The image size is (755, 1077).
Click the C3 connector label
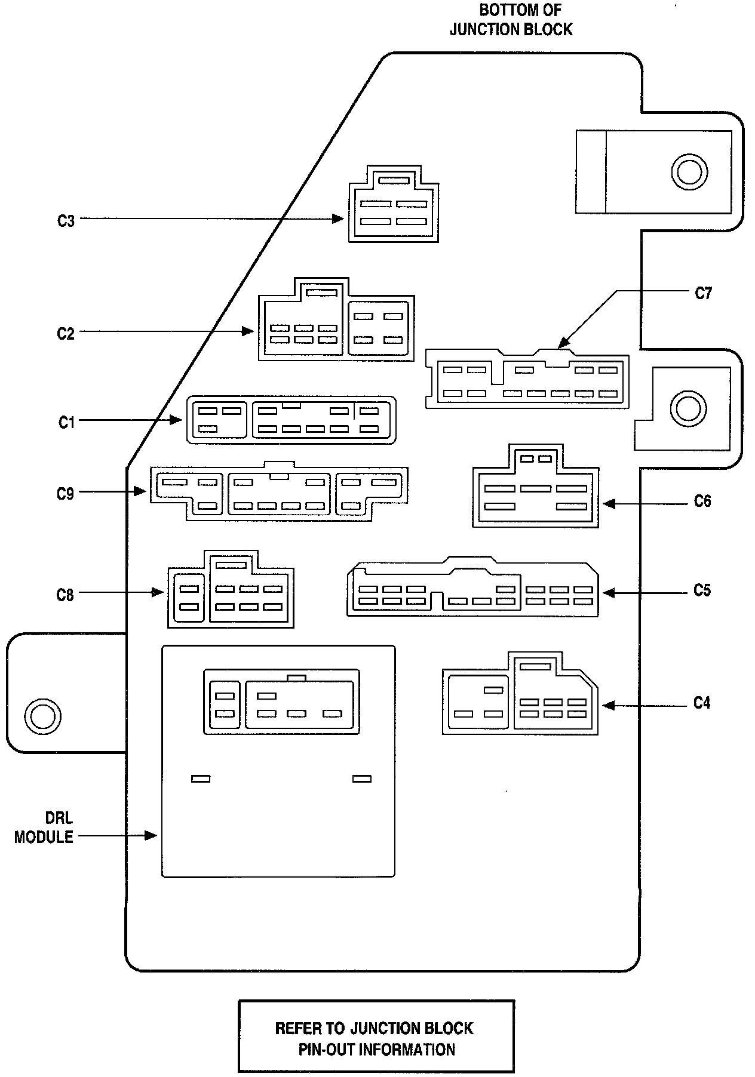pyautogui.click(x=66, y=221)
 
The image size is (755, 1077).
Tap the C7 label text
pyautogui.click(x=704, y=293)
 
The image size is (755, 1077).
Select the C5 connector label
pyautogui.click(x=702, y=590)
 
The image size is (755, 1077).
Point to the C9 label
pyautogui.click(x=65, y=494)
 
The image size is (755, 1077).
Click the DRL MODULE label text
pyautogui.click(x=44, y=827)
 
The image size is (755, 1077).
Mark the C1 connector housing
pyautogui.click(x=291, y=420)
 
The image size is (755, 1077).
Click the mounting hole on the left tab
pyautogui.click(x=43, y=715)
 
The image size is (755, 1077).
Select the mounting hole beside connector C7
pyautogui.click(x=688, y=409)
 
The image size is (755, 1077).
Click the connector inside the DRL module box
pyautogui.click(x=281, y=701)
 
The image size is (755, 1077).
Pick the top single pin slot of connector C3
pyautogui.click(x=394, y=180)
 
